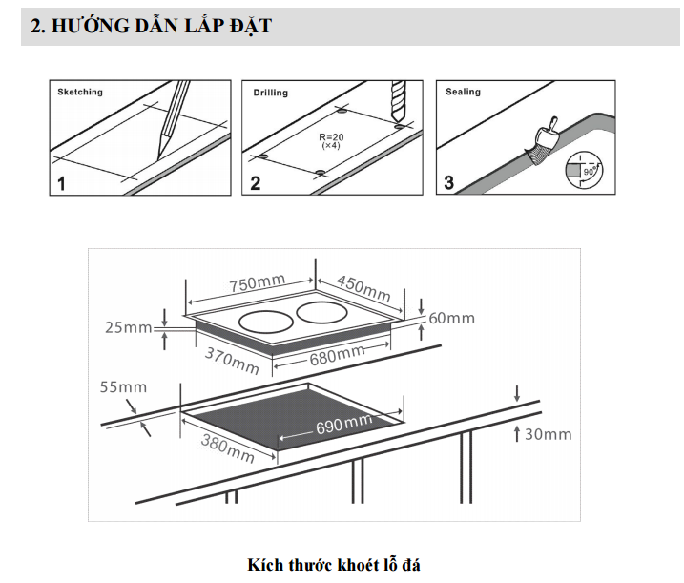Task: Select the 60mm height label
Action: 451,318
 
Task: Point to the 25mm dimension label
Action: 128,328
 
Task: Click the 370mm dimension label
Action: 232,360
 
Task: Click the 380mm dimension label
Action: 227,446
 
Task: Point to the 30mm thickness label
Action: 549,434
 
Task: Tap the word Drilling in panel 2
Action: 270,94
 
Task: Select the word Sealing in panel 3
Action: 464,92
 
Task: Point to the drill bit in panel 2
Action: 397,100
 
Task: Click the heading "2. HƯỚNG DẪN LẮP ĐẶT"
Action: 151,27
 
